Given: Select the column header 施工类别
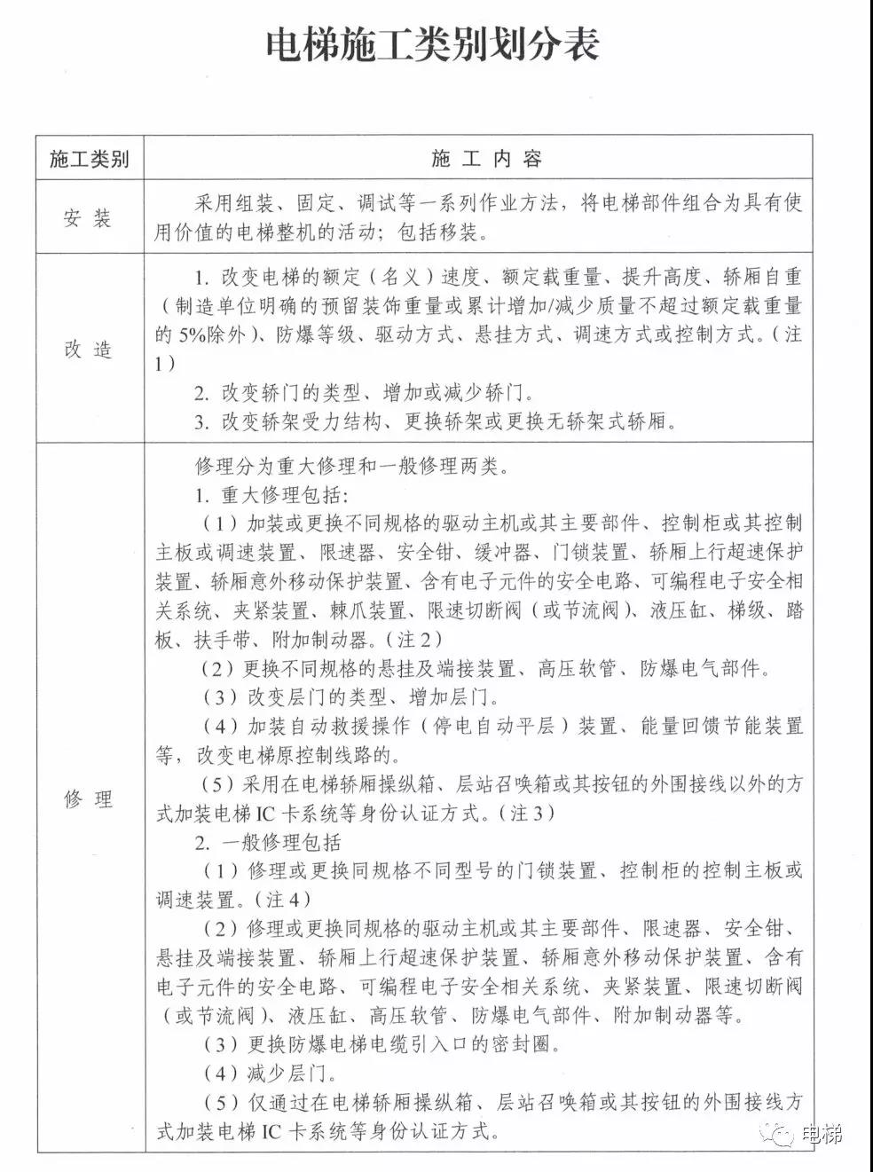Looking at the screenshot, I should click(x=89, y=159).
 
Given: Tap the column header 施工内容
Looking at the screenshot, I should click(x=486, y=159).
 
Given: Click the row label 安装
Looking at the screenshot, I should click(x=89, y=217).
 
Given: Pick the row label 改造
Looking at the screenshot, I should click(x=89, y=349).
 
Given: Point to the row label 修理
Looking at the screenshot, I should click(x=89, y=798).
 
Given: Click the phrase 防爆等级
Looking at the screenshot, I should click(x=311, y=335).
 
